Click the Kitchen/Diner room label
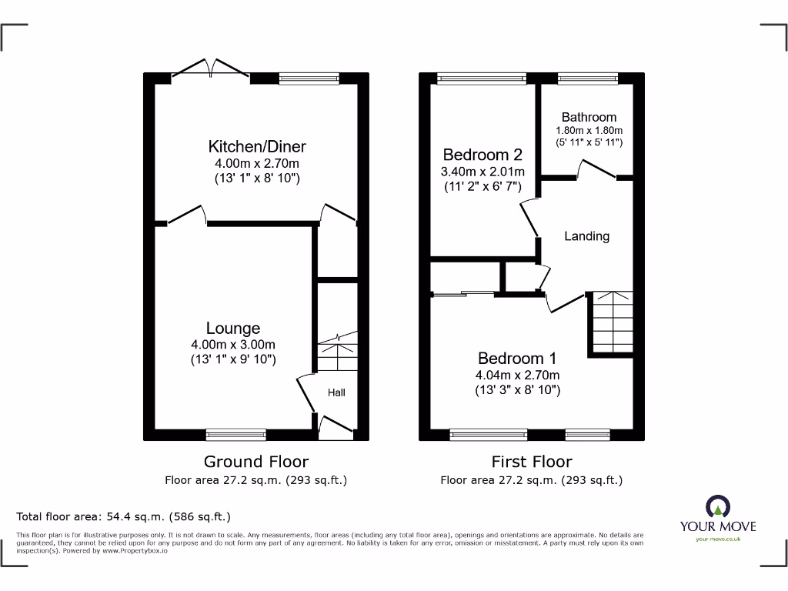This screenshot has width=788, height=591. (x=257, y=146)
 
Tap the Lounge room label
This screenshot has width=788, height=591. (x=232, y=329)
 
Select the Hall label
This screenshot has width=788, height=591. (x=336, y=392)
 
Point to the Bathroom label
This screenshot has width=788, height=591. (x=589, y=117)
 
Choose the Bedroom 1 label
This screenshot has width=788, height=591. (x=517, y=358)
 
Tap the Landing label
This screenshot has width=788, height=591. (x=586, y=236)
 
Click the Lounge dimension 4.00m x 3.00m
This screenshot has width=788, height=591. (x=232, y=345)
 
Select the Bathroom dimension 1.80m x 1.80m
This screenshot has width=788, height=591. (x=589, y=130)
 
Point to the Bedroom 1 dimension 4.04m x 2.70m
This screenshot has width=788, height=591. (x=517, y=375)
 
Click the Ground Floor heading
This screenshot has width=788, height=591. (x=255, y=462)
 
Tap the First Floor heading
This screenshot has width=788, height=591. (x=532, y=462)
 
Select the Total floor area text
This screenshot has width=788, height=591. (x=124, y=516)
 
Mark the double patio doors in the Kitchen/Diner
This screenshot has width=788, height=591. (x=210, y=70)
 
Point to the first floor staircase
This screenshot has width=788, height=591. (x=611, y=322)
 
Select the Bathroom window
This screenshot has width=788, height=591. (x=587, y=77)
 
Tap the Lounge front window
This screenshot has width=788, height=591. (x=236, y=436)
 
